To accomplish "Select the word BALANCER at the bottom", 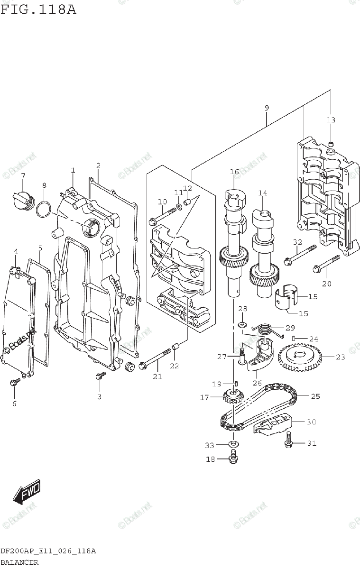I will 19,562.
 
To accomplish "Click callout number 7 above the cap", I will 23,176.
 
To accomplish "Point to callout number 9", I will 267,108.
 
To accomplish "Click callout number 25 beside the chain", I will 315,395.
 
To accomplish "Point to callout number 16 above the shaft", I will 234,172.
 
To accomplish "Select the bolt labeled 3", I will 100,376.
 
